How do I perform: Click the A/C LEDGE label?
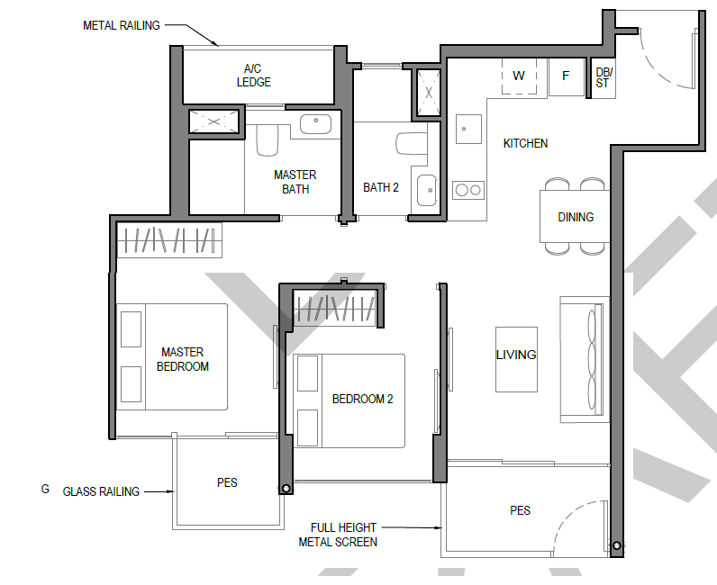point(253,76)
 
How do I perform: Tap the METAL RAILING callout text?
point(122,25)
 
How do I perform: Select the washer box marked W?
point(519,76)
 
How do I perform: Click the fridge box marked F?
point(566,76)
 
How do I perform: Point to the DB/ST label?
point(604,77)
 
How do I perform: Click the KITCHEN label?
point(525,143)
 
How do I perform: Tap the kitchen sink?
point(468,129)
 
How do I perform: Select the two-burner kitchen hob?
point(467,190)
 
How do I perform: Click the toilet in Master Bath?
point(267,139)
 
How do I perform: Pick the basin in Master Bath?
point(315,124)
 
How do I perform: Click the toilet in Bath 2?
point(412,144)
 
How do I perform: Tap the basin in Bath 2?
point(427,190)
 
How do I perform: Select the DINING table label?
point(576,217)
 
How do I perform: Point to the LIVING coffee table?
point(516,359)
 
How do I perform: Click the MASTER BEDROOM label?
point(183,359)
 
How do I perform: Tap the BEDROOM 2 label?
point(362,399)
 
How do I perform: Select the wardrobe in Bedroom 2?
point(335,309)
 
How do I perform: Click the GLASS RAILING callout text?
point(101,491)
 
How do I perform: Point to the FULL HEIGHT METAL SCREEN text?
point(338,535)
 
